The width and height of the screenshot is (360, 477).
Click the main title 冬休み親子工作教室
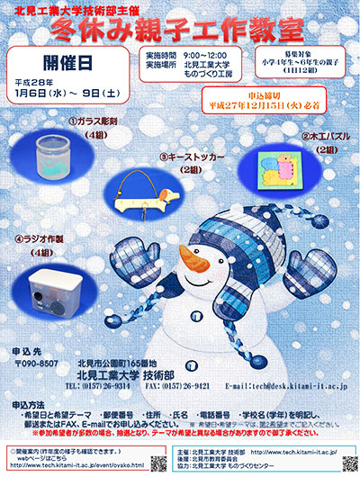coord(179,29)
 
